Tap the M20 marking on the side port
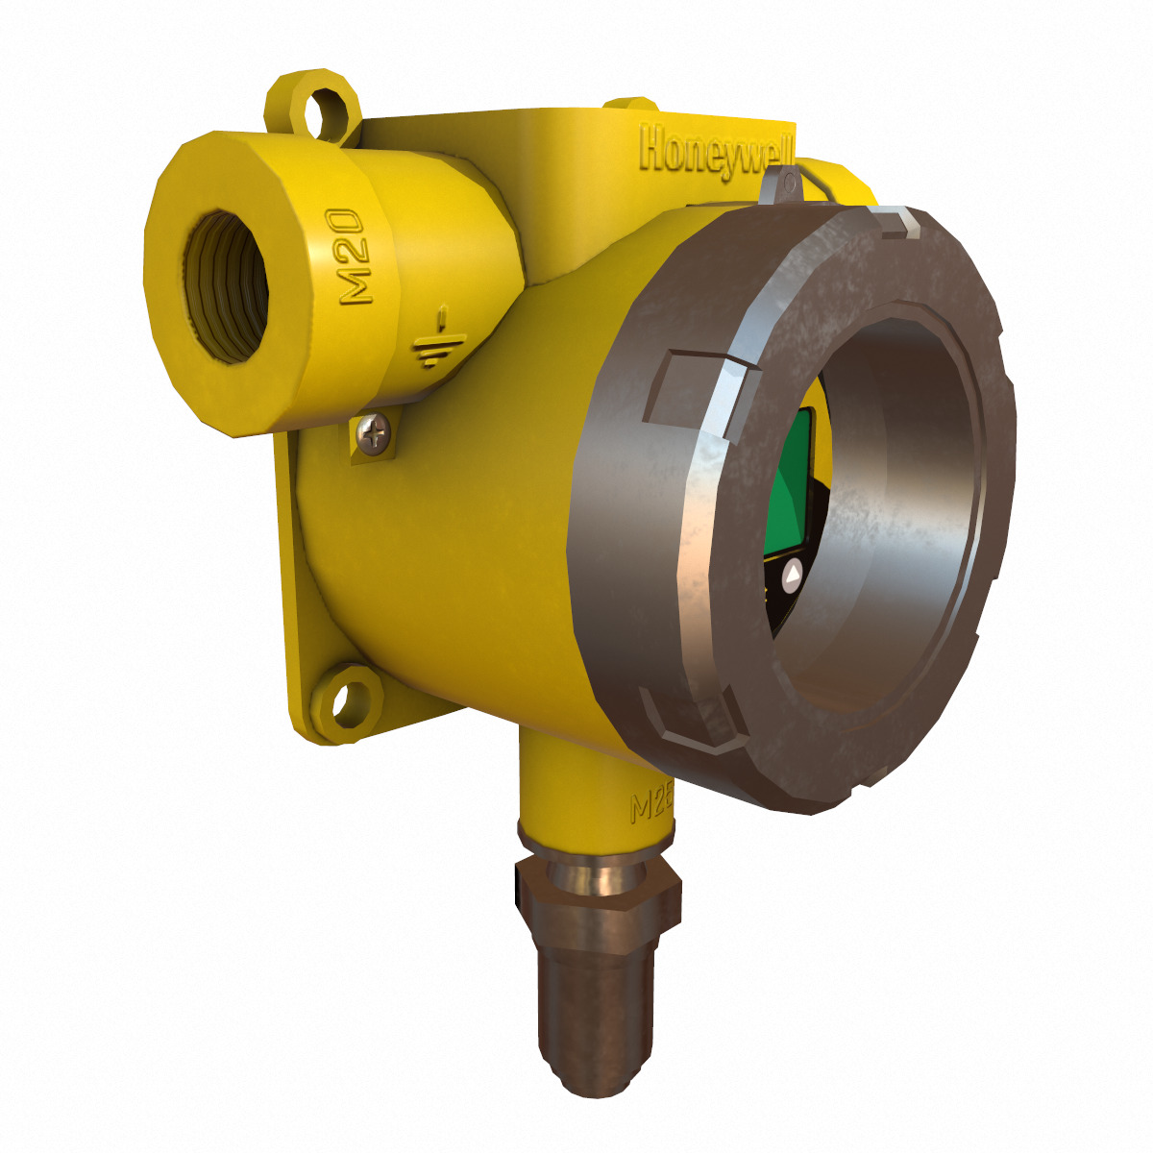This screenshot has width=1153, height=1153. point(352,257)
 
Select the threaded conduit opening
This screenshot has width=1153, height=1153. point(227,287)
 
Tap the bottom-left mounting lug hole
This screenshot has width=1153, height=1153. point(347,700)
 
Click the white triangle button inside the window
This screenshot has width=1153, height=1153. point(793,576)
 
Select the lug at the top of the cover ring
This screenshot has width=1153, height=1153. point(899,224)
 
